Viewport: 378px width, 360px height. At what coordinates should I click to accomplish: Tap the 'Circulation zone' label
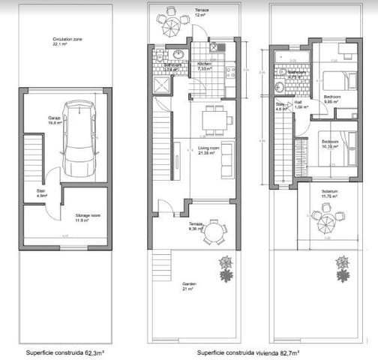[67, 42]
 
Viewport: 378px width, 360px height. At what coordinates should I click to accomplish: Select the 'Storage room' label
[88, 217]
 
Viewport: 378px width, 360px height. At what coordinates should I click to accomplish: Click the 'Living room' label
[209, 150]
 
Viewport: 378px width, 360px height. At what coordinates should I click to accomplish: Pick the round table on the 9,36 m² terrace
[215, 231]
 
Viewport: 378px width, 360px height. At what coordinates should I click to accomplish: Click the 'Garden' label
[189, 284]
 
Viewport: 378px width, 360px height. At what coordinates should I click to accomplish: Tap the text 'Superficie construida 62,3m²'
[65, 351]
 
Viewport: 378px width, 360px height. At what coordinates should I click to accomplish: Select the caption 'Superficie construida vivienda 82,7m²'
[248, 351]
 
